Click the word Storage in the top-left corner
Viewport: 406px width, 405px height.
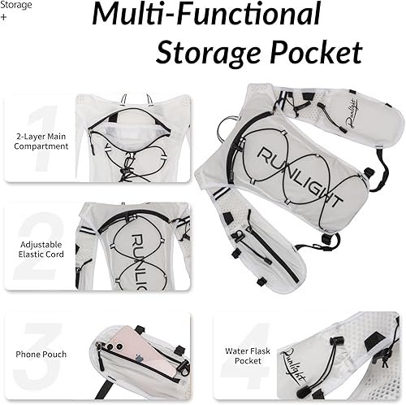16,6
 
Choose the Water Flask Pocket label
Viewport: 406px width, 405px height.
248,355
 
